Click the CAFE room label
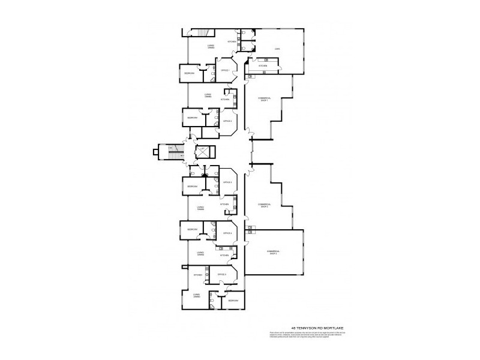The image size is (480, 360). [x=277, y=49]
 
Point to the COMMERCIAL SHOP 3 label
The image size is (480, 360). [x=274, y=252]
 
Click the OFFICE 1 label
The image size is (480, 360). [x=226, y=70]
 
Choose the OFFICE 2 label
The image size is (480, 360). [x=227, y=121]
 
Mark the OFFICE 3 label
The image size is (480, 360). [x=227, y=182]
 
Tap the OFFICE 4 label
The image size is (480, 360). [x=227, y=233]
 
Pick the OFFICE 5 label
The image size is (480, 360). [x=221, y=274]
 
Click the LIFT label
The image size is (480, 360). [x=203, y=148]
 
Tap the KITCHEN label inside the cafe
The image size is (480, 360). [x=263, y=66]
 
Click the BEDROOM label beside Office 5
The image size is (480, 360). [x=233, y=301]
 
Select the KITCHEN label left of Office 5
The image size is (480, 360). [x=198, y=275]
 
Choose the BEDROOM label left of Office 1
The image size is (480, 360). [x=190, y=73]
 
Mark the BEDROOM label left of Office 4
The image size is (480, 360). [x=193, y=230]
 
